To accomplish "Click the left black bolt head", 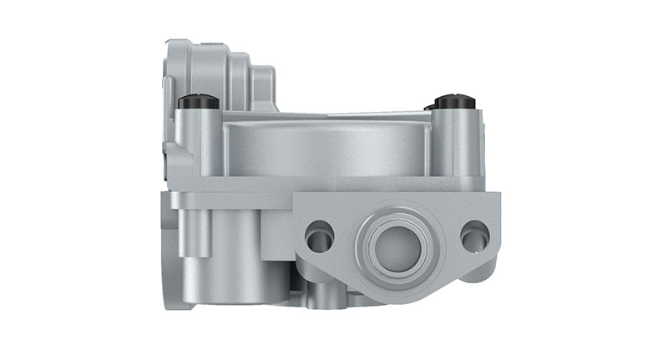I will point(198,102).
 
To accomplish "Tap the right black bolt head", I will point(455,102).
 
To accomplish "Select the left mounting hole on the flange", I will point(319,236).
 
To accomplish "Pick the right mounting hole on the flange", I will point(474,236).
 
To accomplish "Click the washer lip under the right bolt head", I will point(455,110).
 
